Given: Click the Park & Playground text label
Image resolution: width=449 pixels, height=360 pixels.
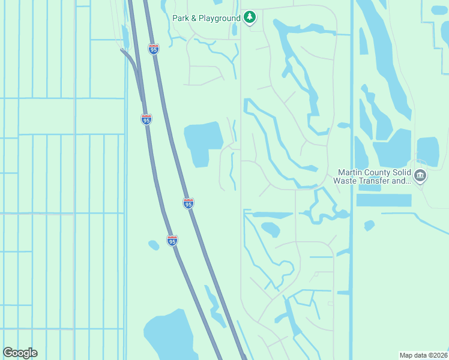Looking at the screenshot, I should (206, 18).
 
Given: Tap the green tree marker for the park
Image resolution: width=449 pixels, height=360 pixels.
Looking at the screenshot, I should (250, 17).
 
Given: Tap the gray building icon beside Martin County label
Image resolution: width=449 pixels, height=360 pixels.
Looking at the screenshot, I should (420, 176).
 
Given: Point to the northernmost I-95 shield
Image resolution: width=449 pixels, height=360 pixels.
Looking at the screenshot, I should (154, 49).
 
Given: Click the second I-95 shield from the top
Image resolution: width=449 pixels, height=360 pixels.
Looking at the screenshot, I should (146, 119).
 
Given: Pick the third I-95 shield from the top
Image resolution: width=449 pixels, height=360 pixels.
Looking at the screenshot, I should (188, 203).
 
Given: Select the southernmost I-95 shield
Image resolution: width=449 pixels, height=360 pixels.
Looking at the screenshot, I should (172, 241).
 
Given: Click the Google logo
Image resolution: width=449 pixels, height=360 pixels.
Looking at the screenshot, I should (20, 353).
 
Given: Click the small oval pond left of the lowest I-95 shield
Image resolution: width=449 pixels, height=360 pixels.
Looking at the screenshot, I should (154, 245).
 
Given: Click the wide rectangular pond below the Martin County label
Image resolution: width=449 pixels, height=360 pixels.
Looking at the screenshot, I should (384, 200).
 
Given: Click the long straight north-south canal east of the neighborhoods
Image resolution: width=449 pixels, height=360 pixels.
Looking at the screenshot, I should (352, 180).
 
